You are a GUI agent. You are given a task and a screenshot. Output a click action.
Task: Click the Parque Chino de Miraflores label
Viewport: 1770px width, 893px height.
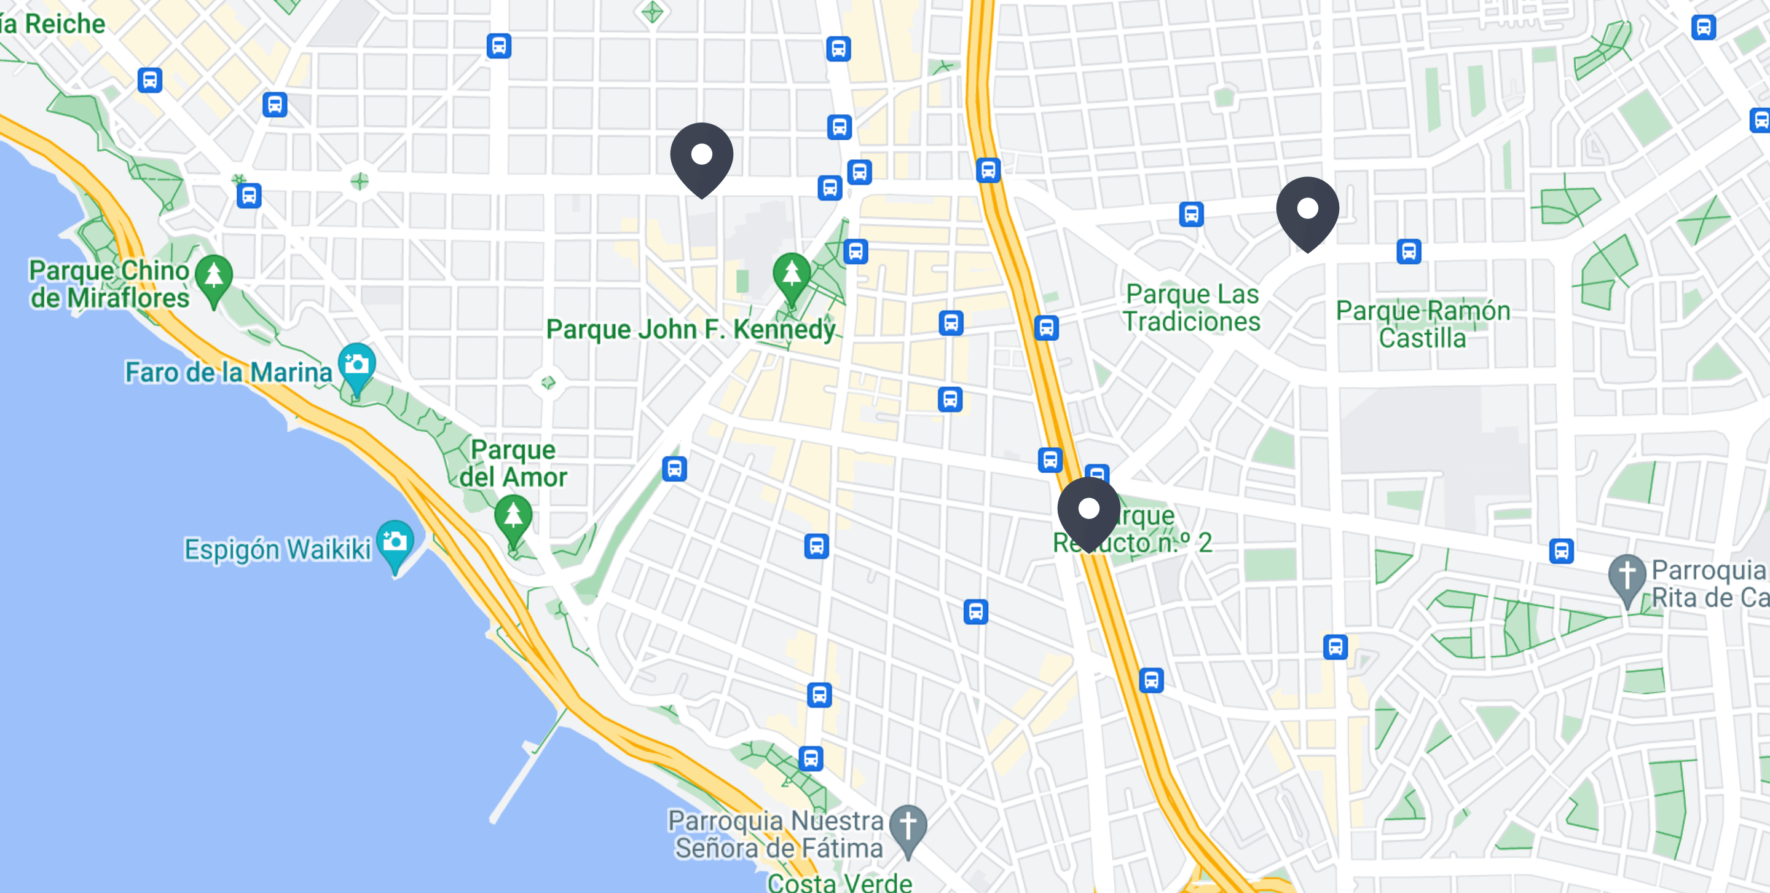point(109,284)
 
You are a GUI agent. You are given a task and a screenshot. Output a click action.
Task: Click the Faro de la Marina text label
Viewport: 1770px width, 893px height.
point(228,373)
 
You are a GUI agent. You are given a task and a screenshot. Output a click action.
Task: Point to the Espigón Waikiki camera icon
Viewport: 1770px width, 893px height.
point(395,542)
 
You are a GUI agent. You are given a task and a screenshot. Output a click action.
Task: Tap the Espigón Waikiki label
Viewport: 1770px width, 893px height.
point(277,549)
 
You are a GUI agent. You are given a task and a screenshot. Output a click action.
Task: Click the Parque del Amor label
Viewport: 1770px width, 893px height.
point(513,463)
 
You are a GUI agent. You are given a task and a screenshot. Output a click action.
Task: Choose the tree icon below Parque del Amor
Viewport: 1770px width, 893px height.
point(513,517)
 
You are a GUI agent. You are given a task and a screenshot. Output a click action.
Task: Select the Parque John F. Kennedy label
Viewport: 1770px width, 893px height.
point(691,329)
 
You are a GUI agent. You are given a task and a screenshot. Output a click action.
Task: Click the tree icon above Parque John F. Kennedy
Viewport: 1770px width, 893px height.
point(792,274)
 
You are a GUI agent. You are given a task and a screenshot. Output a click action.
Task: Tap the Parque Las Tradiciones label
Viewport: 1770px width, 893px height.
point(1192,308)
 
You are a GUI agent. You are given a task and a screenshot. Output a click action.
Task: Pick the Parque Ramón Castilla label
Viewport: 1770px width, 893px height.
point(1422,325)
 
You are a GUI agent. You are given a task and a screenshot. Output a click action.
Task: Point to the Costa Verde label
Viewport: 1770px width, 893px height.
point(839,882)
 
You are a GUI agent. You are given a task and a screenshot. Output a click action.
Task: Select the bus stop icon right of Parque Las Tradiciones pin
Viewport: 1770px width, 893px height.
point(1409,252)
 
